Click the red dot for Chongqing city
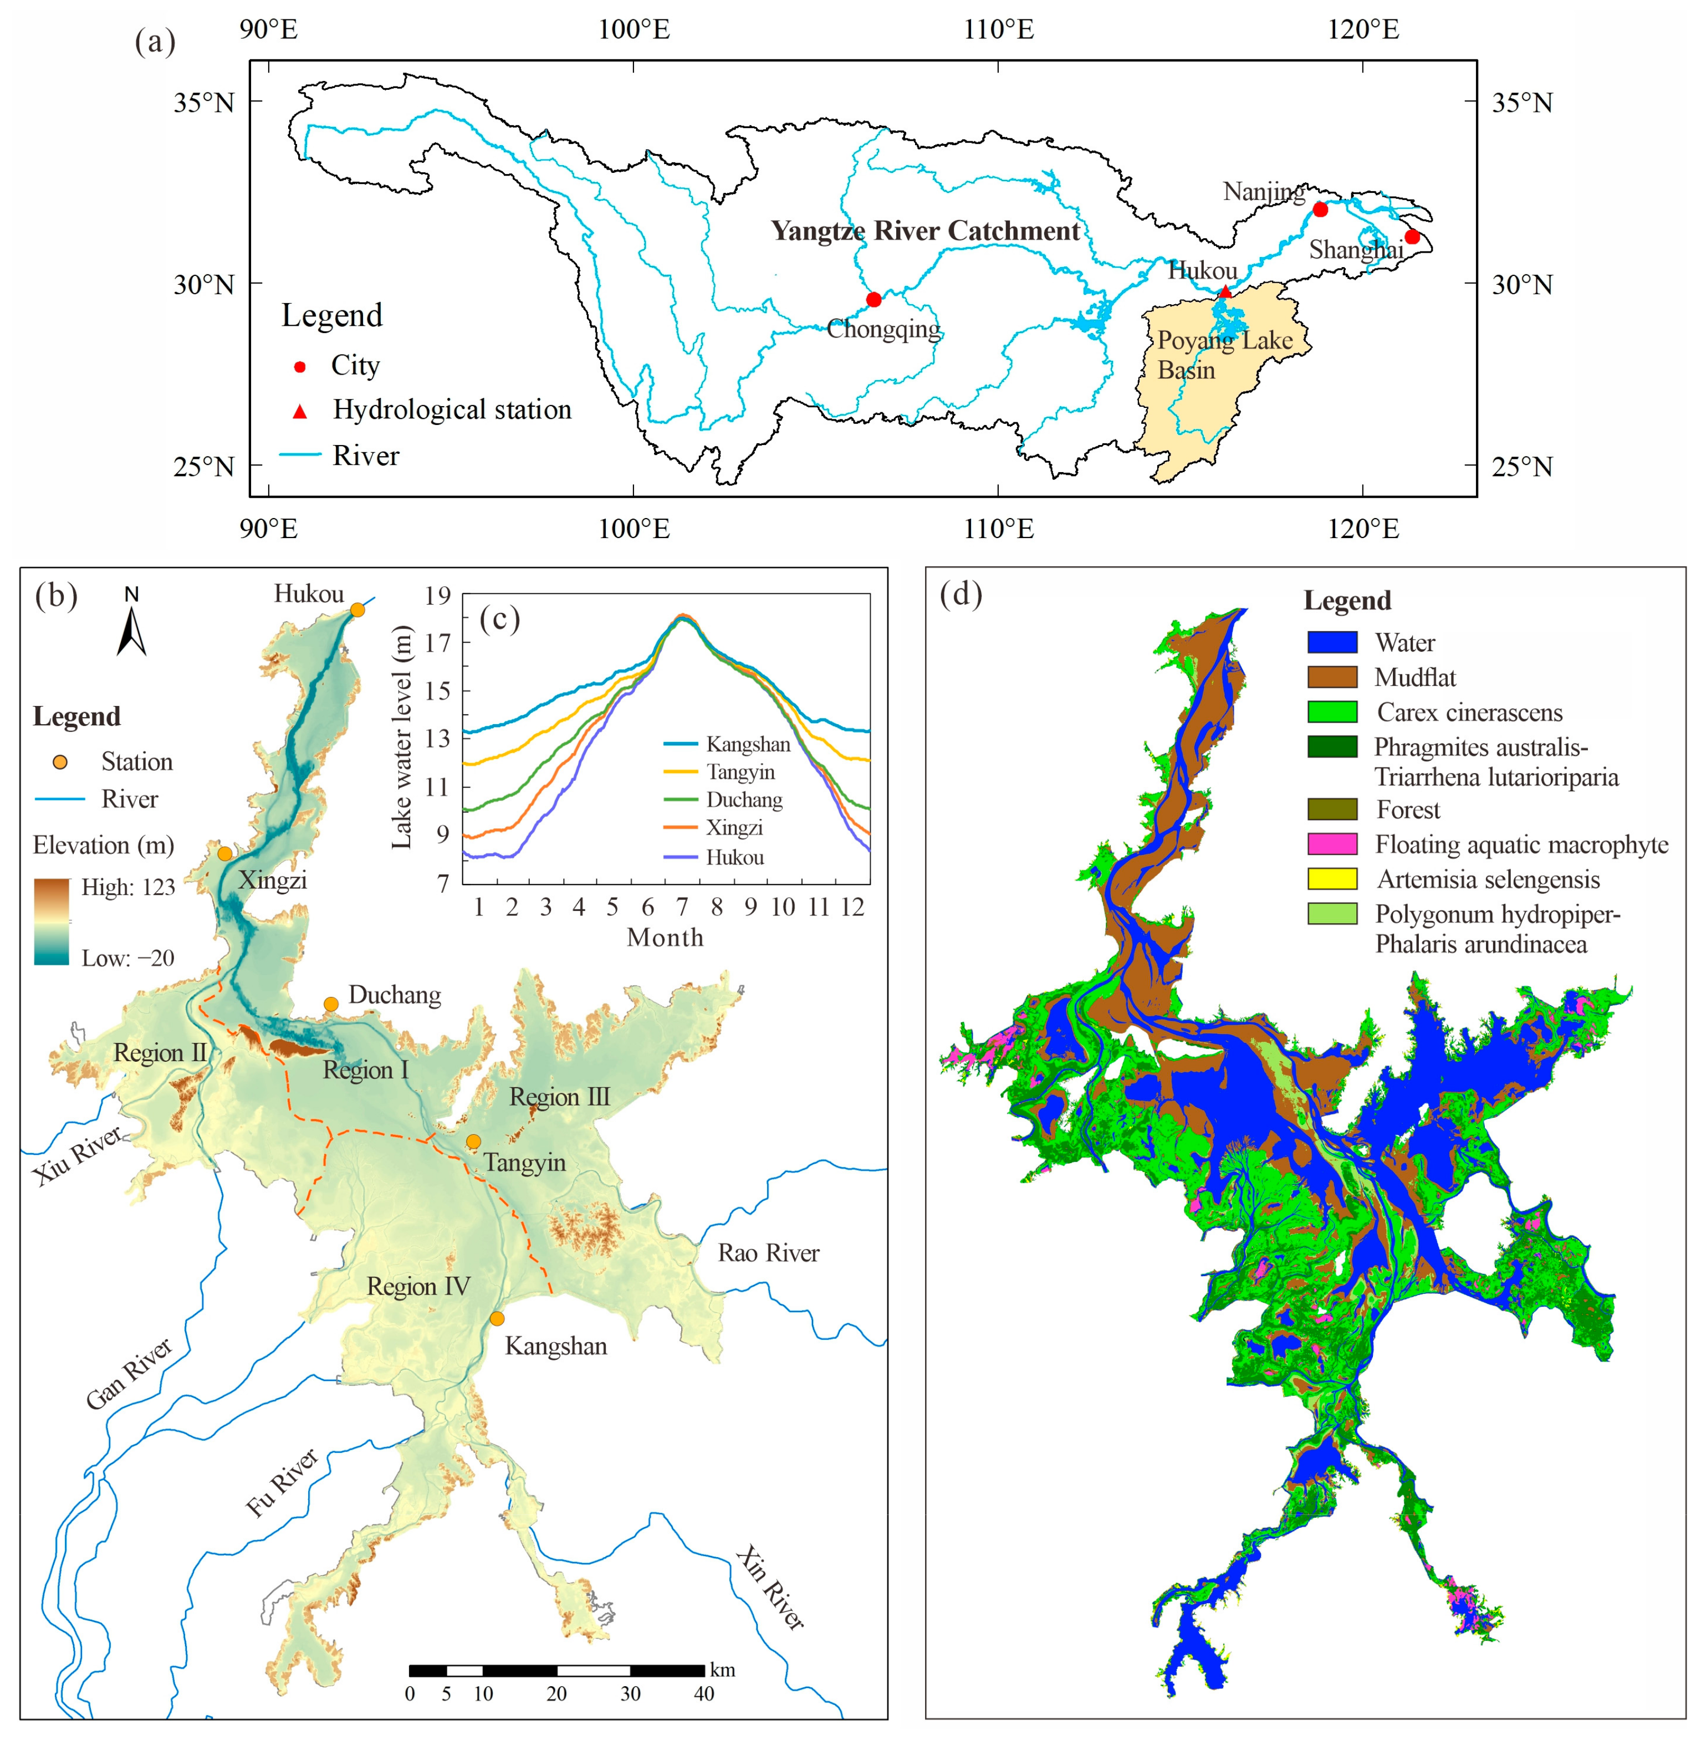coord(874,299)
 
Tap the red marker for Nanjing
coord(1320,209)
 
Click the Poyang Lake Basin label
coord(1224,355)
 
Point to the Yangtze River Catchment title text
coord(926,231)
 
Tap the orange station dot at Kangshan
coord(497,1318)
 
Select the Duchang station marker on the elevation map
coord(331,1004)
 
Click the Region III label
coord(559,1097)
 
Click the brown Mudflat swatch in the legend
coord(1332,677)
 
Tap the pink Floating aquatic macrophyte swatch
coord(1332,844)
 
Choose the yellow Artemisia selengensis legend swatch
coord(1332,879)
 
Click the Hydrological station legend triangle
coord(300,411)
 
